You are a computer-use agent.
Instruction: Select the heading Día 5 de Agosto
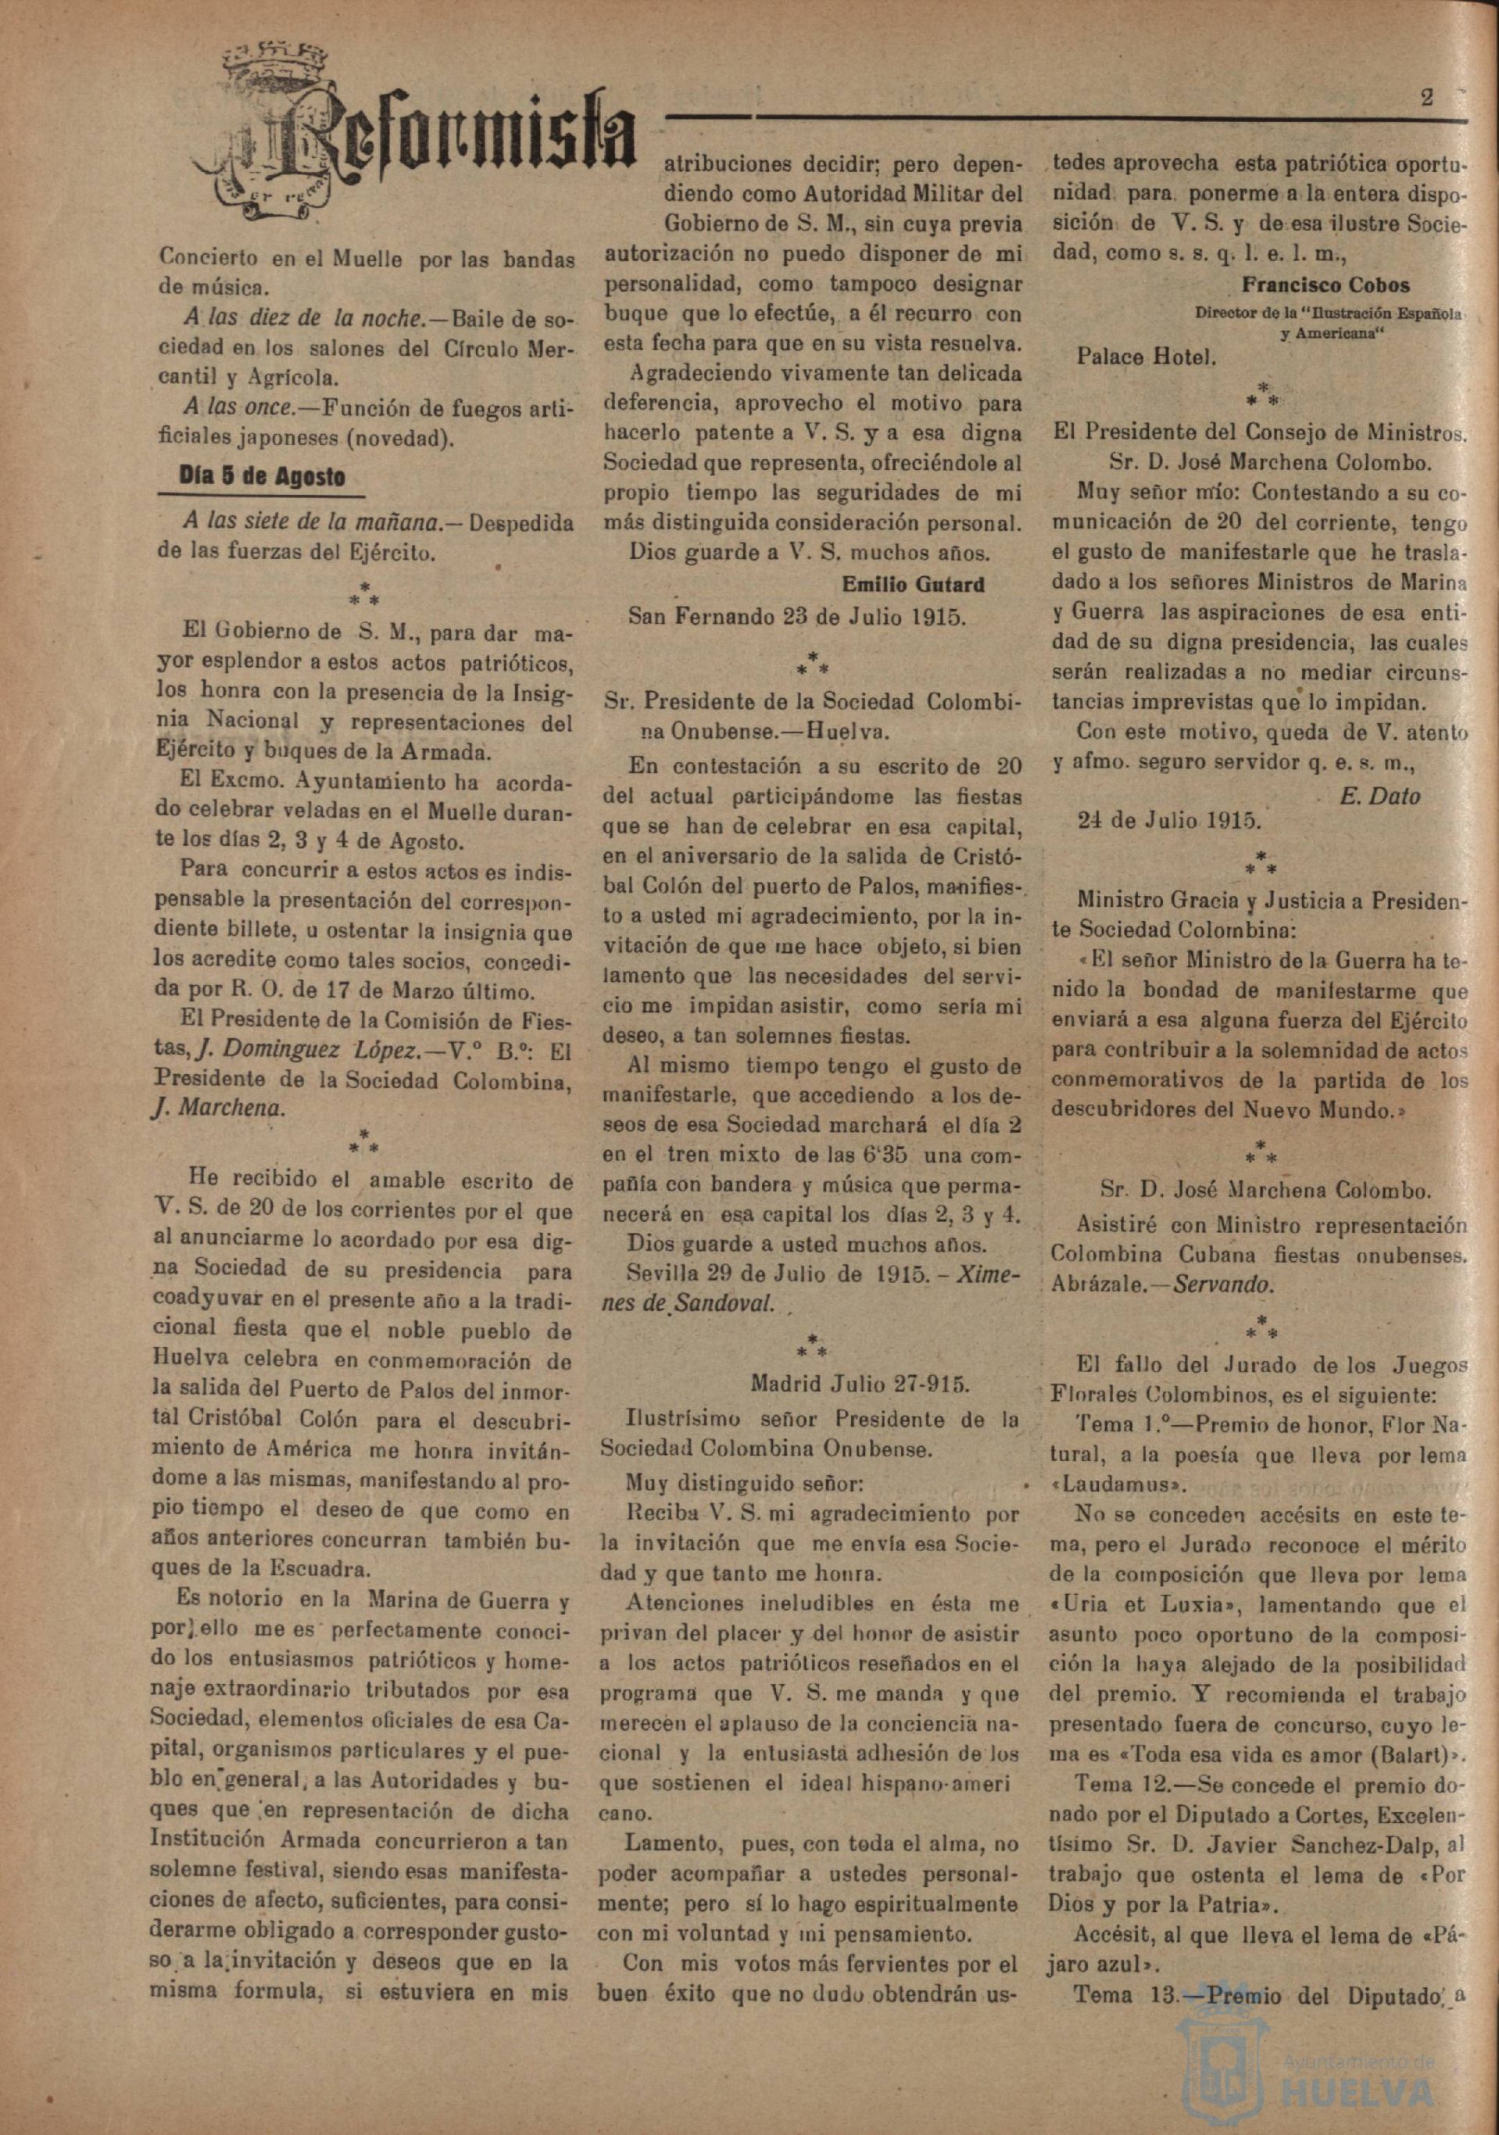click(x=263, y=478)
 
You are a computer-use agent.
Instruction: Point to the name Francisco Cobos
click(x=1325, y=285)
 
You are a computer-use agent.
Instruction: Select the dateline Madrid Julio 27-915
click(x=860, y=1384)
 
